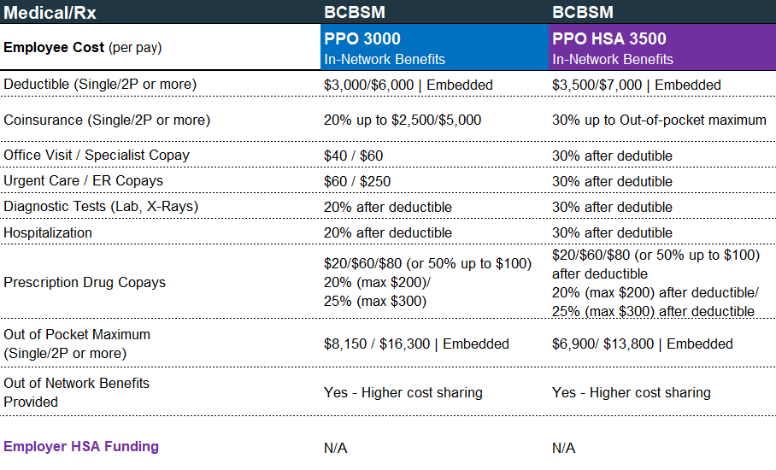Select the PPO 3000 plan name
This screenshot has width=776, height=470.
362,39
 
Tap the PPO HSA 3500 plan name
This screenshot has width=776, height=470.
609,39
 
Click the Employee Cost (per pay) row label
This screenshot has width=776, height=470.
82,48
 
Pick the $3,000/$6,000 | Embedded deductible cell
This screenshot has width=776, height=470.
408,85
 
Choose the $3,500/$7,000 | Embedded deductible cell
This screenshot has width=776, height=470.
637,85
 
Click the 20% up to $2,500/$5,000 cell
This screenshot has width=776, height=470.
403,120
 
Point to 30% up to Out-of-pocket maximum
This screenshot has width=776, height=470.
659,120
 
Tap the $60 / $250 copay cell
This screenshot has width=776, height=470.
357,181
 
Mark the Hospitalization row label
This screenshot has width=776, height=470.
48,232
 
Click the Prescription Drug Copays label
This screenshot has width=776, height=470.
85,282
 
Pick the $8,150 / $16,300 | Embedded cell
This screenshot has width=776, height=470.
416,344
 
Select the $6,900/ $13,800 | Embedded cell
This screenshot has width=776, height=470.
643,344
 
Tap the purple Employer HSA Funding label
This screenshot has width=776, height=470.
81,446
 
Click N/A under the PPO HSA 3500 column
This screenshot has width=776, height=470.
564,448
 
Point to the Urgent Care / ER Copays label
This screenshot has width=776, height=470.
83,181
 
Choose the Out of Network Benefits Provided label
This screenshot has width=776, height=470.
76,392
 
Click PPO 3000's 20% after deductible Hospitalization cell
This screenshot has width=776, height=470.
388,232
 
